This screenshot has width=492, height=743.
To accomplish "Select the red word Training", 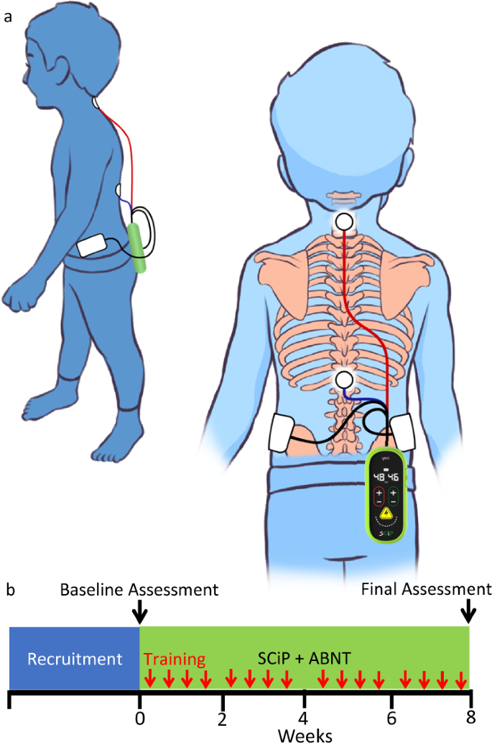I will (x=175, y=658).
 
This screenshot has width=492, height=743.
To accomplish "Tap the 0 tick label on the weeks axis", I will (x=140, y=717).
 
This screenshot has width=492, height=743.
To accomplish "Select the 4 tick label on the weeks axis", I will (x=304, y=717).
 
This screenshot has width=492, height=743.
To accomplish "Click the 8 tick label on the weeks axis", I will (x=470, y=717).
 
